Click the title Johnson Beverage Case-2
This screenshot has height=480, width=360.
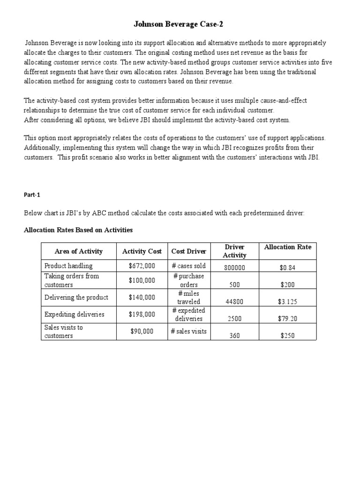[180, 23]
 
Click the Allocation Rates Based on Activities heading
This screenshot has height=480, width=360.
[78, 230]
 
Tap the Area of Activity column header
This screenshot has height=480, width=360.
[78, 251]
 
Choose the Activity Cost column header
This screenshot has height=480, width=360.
[142, 251]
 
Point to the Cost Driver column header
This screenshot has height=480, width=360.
[188, 251]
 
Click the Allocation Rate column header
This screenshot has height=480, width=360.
[287, 247]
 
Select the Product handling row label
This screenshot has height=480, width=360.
[68, 266]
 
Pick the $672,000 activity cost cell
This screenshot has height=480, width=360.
[142, 266]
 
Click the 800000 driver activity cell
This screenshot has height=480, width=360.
[234, 268]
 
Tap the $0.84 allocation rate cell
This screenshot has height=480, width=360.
[287, 268]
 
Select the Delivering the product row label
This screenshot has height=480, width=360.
[76, 297]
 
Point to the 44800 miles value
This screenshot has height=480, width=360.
[234, 302]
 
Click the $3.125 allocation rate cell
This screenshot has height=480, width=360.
[287, 302]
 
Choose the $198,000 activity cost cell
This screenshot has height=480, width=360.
[142, 314]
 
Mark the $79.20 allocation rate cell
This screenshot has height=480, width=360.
[287, 319]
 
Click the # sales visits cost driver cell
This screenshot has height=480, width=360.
[188, 331]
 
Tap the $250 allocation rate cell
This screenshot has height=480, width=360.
[287, 336]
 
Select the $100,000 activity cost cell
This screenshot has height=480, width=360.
[142, 280]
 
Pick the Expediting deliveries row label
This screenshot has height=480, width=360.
[74, 314]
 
